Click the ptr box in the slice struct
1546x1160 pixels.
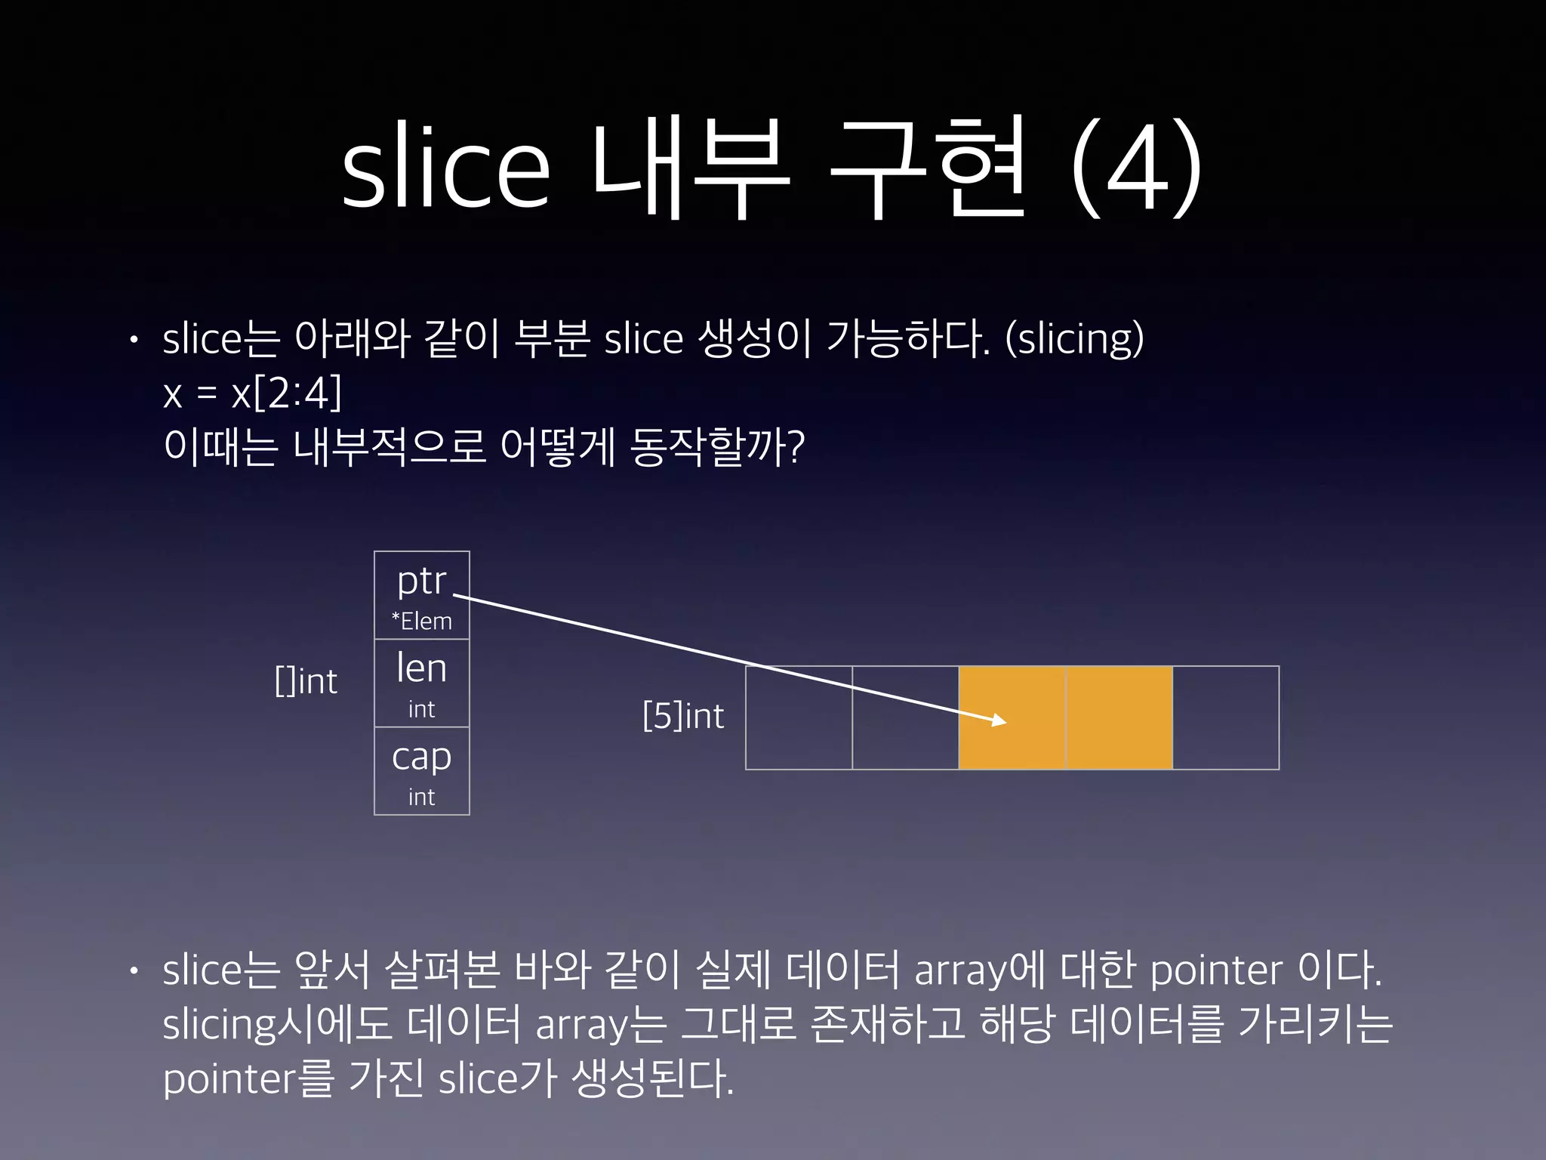421,595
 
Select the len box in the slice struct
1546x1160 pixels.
421,683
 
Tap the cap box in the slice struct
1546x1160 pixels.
421,770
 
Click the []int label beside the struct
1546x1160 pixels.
306,681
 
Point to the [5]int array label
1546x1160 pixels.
683,716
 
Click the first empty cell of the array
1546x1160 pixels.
799,717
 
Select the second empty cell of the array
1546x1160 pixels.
905,717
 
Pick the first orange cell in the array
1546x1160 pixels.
1012,717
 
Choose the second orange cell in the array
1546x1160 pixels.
1119,717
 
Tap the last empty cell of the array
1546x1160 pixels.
1226,717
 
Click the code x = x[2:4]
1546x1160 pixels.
252,393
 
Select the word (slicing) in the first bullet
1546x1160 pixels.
1075,338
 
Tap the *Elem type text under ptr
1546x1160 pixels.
421,622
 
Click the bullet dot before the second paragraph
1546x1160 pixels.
134,971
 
